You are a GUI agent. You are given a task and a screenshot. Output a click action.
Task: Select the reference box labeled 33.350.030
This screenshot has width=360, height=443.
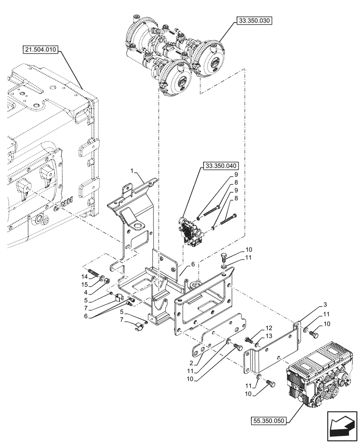pyautogui.click(x=254, y=20)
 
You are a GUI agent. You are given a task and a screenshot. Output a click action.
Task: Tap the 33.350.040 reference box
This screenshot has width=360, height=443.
pyautogui.click(x=220, y=167)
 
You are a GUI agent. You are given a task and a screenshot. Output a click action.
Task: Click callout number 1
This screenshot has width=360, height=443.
pyautogui.click(x=132, y=171)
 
